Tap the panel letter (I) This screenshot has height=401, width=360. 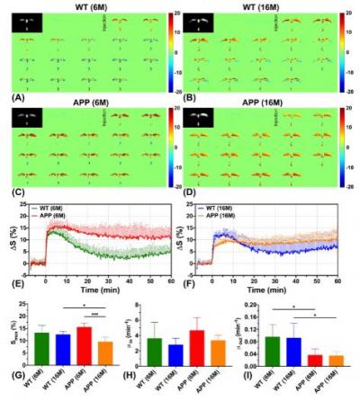click(248, 394)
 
